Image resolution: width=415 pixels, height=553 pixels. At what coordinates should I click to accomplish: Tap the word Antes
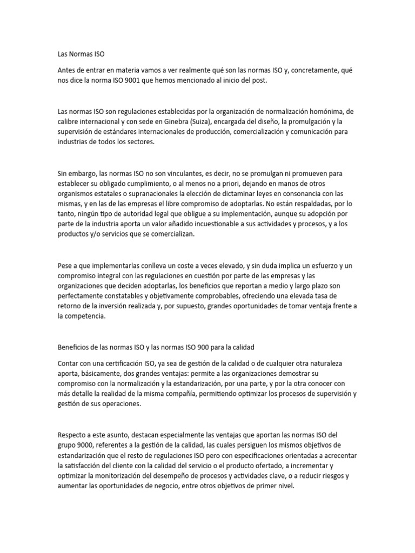[x=68, y=70]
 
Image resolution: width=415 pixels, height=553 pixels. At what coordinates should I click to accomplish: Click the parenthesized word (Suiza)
[x=192, y=122]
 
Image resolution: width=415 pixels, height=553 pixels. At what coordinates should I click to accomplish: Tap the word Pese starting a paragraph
[x=65, y=266]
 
